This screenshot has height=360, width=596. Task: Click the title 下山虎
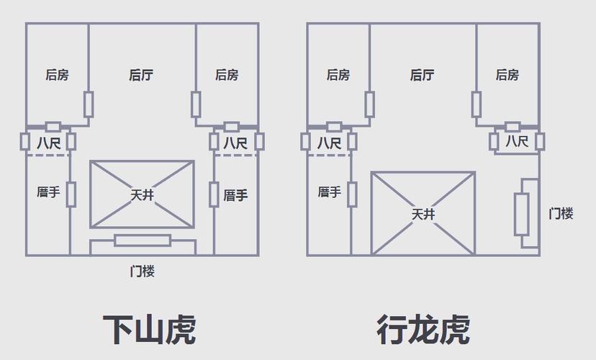148,330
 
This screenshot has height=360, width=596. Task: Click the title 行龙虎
423,330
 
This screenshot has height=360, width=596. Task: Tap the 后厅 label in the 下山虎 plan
141,75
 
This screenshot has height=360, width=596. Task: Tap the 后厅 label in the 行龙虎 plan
422,75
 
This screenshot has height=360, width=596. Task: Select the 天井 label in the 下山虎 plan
142,195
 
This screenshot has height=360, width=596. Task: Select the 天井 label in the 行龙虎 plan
423,214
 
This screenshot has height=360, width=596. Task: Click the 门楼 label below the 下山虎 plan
143,271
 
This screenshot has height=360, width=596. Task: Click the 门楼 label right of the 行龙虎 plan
561,214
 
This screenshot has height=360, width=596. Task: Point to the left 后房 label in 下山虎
57,75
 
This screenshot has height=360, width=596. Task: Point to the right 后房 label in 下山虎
227,75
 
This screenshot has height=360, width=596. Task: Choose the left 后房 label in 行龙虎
338,75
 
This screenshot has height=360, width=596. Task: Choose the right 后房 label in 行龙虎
507,75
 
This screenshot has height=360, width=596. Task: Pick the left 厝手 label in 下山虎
48,193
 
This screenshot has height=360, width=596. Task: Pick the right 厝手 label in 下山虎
235,194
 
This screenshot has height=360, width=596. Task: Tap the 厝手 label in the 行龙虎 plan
330,193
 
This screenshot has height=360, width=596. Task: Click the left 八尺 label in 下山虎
49,143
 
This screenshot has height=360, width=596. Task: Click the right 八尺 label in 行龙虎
517,142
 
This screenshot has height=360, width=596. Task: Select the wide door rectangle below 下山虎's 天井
143,240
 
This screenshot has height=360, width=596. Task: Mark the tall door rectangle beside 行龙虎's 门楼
522,214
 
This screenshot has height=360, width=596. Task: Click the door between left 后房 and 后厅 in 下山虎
89,104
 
